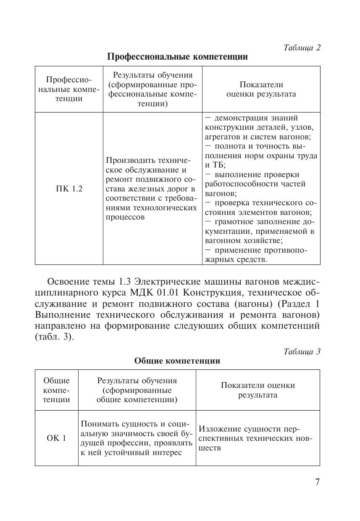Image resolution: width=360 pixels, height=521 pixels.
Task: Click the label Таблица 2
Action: [302, 47]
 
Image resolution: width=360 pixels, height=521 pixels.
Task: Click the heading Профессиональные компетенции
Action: [177, 57]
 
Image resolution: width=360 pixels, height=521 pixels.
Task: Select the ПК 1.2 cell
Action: [69, 189]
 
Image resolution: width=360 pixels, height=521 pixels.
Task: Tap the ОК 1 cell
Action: [56, 438]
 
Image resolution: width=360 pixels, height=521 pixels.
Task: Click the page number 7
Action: [317, 482]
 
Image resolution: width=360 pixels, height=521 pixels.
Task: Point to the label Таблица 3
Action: [302, 351]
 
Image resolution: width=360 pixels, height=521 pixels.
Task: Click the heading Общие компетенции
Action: [177, 361]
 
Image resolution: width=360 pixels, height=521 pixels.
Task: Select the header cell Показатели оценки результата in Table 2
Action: [261, 89]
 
